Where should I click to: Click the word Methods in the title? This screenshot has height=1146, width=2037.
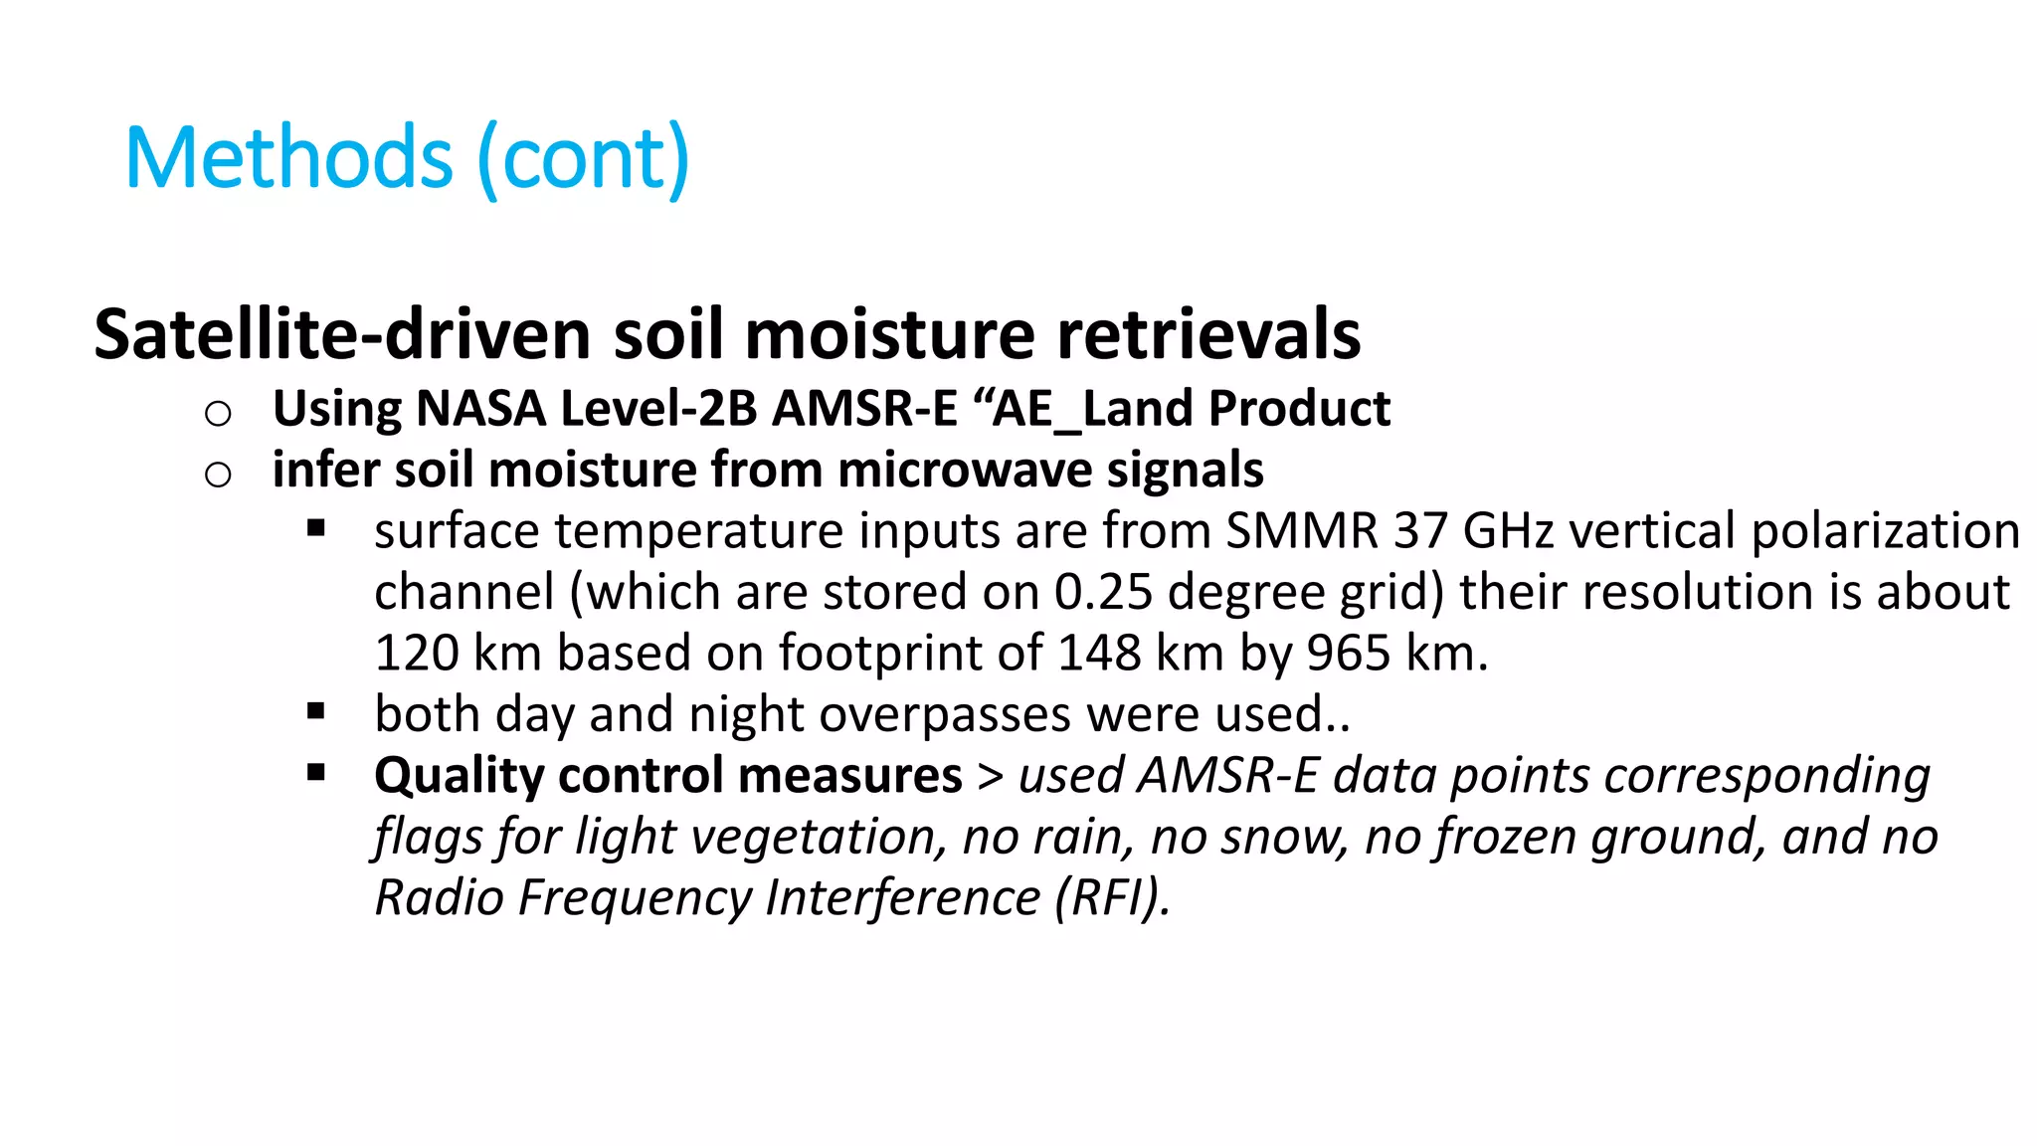tap(289, 158)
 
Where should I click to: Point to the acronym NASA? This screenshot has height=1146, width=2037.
tap(481, 409)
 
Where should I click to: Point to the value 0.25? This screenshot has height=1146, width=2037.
tap(1103, 592)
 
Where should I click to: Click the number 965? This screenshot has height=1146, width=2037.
tap(1348, 654)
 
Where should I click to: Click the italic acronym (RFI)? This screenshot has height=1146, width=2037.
tap(1112, 897)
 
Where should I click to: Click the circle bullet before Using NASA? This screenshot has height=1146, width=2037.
tap(218, 413)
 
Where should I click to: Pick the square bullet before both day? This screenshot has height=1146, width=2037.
tap(316, 711)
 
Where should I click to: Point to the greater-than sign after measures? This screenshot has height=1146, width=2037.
tap(990, 776)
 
